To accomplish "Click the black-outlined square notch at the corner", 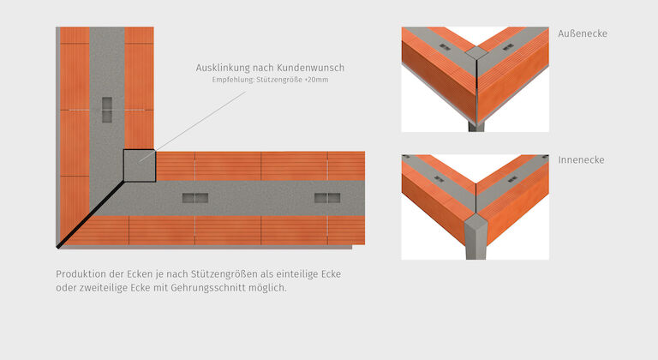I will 139,165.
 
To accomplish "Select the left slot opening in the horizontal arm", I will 194,198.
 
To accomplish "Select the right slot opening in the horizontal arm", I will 327,198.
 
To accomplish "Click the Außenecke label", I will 582,33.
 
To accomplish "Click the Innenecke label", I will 581,160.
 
